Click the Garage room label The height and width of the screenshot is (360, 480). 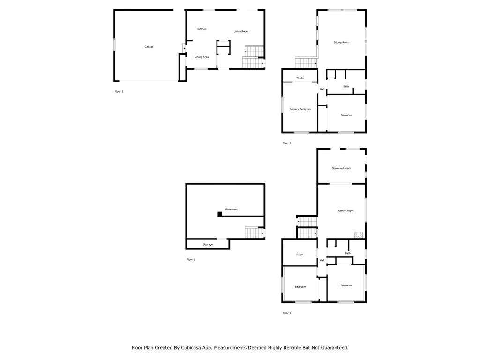tap(149, 47)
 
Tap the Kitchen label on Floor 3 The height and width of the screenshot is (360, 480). tap(202, 29)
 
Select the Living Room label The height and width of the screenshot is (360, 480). tap(241, 31)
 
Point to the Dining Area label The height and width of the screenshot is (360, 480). tap(202, 57)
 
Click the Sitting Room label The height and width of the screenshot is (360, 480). tap(341, 42)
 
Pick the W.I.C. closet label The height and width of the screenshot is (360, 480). tap(300, 78)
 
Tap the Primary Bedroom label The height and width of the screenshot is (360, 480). tap(300, 109)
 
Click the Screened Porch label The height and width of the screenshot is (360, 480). tap(342, 168)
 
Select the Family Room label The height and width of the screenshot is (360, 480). tap(345, 210)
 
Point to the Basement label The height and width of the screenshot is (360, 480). tap(232, 210)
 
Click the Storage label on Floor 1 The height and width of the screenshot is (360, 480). tap(208, 244)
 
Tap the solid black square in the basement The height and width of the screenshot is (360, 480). tap(220, 214)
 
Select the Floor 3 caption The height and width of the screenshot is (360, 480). tap(119, 91)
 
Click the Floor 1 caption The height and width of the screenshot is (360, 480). tap(191, 259)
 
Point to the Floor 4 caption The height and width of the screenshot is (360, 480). tap(287, 143)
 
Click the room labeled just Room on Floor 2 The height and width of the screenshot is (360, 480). tap(300, 255)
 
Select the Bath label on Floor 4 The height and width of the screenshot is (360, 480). tap(346, 86)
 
